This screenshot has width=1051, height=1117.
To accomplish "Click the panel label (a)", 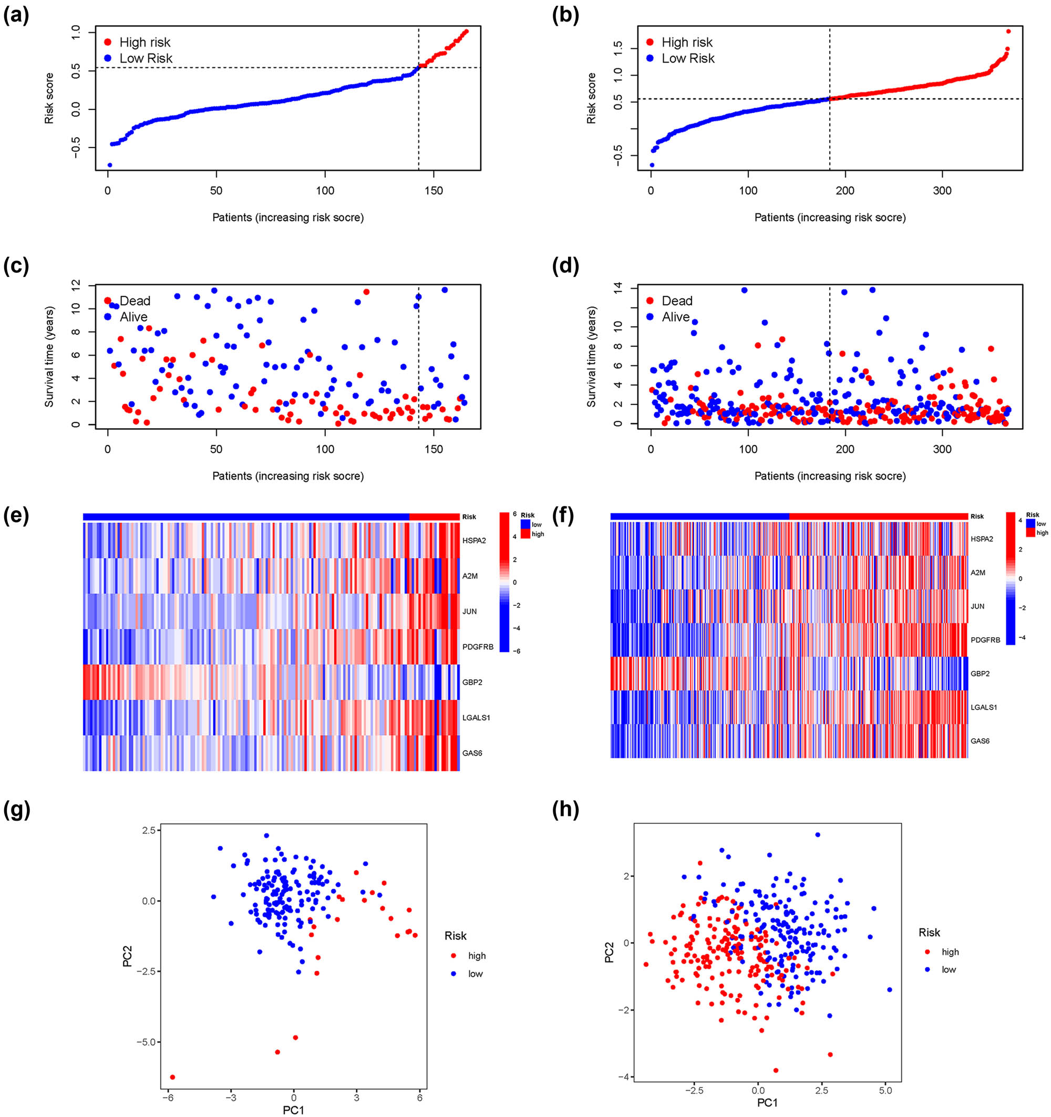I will pyautogui.click(x=16, y=16).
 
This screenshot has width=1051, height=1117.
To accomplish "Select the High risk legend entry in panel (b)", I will pyautogui.click(x=686, y=42).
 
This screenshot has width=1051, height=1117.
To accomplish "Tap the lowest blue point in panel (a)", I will pyautogui.click(x=110, y=165).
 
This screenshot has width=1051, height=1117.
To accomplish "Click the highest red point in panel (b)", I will pyautogui.click(x=1008, y=32).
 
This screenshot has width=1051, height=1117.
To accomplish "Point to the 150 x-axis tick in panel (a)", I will pyautogui.click(x=434, y=191).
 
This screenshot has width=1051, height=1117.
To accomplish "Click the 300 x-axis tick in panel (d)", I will pyautogui.click(x=943, y=449).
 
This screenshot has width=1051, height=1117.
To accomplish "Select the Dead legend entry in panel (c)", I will pyautogui.click(x=135, y=301).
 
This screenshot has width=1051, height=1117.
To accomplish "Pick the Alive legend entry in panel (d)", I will pyautogui.click(x=675, y=317).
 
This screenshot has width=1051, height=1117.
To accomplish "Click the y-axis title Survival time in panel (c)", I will pyautogui.click(x=49, y=357).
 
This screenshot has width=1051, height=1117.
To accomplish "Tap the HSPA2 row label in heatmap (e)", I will pyautogui.click(x=474, y=541).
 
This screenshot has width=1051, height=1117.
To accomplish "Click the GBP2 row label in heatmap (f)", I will pyautogui.click(x=980, y=674).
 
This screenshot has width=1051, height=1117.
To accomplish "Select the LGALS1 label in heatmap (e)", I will pyautogui.click(x=476, y=718).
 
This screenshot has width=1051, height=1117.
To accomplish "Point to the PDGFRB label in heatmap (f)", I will pyautogui.click(x=985, y=640).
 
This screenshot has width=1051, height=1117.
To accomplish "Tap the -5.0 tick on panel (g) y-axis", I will pyautogui.click(x=148, y=1042).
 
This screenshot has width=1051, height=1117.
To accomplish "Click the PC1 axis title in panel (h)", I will pyautogui.click(x=767, y=1103).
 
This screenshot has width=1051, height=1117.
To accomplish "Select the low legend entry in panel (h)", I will pyautogui.click(x=948, y=969).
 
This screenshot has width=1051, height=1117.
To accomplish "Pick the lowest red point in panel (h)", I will pyautogui.click(x=776, y=1070).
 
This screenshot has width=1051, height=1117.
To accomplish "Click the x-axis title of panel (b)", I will pyautogui.click(x=830, y=218).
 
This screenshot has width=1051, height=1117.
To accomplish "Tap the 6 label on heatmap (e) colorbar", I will pyautogui.click(x=514, y=513).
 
